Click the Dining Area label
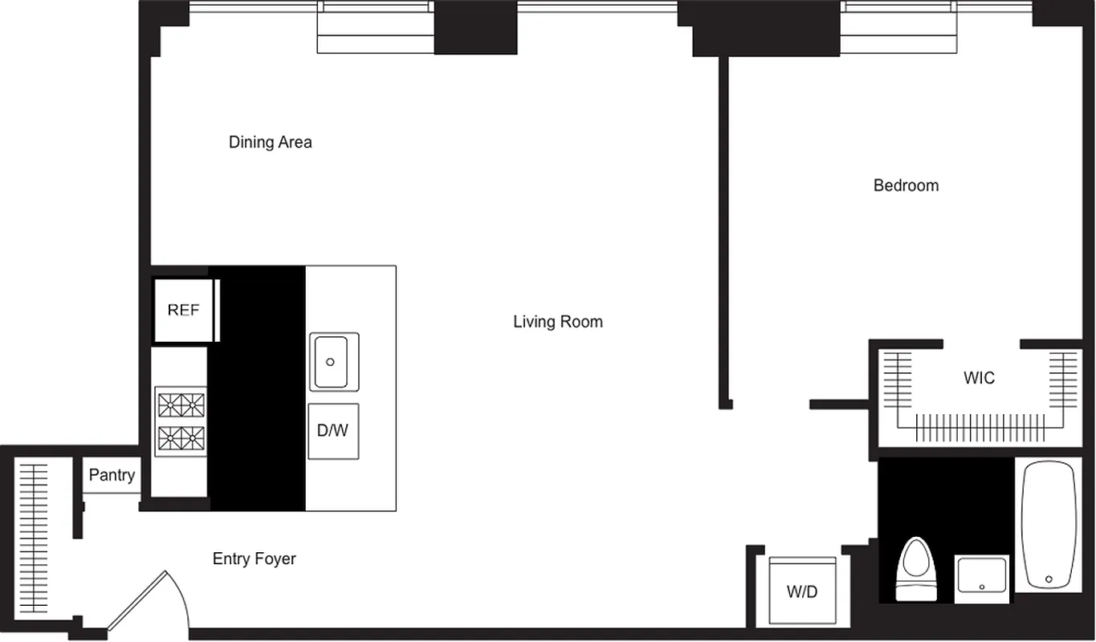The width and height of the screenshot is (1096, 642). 270,143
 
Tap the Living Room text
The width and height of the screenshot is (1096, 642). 558,322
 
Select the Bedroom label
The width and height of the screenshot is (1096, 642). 906,185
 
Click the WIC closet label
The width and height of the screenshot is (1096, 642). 979,377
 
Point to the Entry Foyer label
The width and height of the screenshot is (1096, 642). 254,559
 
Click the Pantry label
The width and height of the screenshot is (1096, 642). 112,475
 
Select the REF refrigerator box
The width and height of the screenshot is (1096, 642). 184,311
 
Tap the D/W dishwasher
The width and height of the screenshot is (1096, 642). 333,431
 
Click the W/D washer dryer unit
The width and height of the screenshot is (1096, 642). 802,591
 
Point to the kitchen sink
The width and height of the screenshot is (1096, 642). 334,362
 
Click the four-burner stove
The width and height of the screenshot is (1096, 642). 181,421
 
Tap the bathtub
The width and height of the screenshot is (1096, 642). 1048,526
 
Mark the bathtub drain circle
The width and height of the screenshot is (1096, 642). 1049,579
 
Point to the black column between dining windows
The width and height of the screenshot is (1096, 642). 475,28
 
